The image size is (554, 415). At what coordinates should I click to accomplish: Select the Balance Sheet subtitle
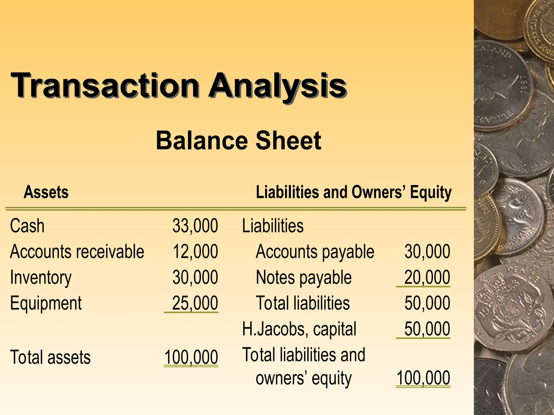click(x=238, y=140)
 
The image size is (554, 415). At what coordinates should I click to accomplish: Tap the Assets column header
click(x=46, y=192)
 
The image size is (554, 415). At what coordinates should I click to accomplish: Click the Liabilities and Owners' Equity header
click(x=354, y=192)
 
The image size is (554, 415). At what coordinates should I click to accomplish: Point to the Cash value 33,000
click(x=195, y=226)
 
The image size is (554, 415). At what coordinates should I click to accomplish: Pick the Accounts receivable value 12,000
click(x=195, y=252)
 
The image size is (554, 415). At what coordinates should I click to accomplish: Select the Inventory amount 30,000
click(x=195, y=277)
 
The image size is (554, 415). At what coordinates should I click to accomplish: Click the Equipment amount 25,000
click(x=195, y=303)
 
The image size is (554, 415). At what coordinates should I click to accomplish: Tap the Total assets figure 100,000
click(x=191, y=357)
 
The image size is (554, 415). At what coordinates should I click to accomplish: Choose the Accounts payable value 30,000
click(x=427, y=252)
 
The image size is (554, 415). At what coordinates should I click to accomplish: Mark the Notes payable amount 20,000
click(x=427, y=277)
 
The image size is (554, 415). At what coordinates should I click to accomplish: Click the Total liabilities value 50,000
click(x=427, y=303)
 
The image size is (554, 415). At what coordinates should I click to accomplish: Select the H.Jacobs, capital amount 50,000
click(x=427, y=329)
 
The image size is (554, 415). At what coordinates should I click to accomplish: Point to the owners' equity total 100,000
click(x=423, y=378)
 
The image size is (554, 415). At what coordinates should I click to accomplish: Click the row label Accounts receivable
click(x=77, y=252)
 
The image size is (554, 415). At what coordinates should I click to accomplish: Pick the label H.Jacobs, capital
click(x=299, y=329)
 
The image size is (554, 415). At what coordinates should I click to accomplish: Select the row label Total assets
click(x=50, y=357)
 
